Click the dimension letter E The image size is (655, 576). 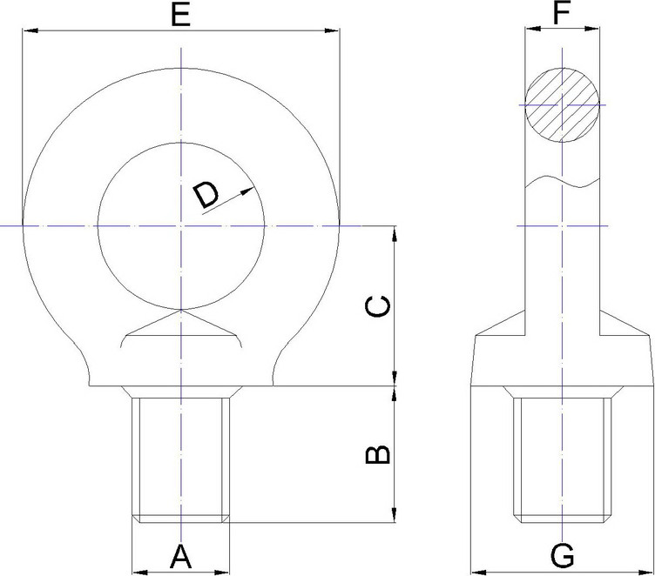180,15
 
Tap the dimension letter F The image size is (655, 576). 562,12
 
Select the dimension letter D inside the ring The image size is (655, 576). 206,195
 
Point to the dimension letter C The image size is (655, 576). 378,307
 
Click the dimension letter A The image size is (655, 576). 180,556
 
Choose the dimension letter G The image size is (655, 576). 563,556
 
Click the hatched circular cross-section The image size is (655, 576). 562,104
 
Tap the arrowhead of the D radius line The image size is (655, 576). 247,191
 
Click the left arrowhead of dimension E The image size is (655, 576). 30,30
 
